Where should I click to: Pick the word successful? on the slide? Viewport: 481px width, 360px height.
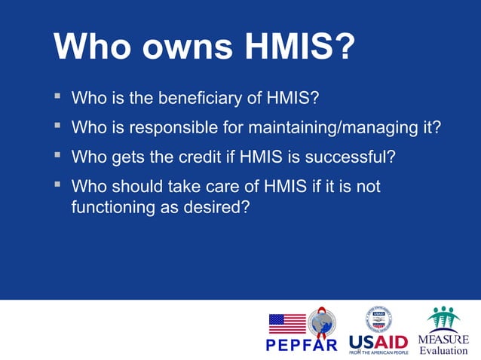[354, 157]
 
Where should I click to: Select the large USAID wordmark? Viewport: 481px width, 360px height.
[378, 341]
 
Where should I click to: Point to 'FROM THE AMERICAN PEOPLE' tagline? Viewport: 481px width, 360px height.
[378, 352]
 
